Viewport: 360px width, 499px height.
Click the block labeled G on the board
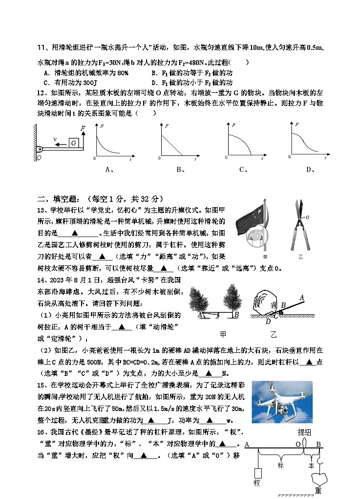point(74,142)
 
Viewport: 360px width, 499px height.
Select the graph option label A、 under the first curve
point(110,170)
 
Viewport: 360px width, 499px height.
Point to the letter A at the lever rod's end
point(301,297)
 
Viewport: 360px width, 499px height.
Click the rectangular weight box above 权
point(257,473)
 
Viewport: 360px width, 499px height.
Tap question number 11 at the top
point(42,47)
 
